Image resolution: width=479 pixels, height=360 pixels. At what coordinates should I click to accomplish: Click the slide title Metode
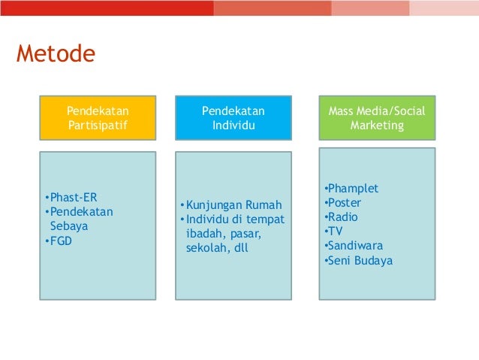(x=56, y=55)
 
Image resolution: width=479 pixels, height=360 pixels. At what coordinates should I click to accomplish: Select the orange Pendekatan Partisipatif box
(x=98, y=118)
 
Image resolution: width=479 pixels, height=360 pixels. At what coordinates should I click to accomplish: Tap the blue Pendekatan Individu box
(x=233, y=118)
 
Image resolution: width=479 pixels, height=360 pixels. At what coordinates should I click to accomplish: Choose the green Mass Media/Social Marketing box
(x=376, y=118)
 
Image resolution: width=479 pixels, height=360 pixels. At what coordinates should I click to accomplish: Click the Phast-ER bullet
(x=73, y=198)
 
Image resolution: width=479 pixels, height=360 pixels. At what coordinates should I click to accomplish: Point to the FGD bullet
(x=61, y=241)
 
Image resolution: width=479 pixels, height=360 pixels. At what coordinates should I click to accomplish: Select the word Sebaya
(x=68, y=226)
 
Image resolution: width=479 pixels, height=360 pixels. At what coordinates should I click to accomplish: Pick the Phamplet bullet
(x=353, y=189)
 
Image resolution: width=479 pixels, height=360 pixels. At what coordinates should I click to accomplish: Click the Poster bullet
(x=344, y=203)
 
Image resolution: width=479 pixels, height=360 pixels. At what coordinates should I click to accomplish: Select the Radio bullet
(x=342, y=217)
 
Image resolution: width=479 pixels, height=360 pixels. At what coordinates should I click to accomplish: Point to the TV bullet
(x=334, y=231)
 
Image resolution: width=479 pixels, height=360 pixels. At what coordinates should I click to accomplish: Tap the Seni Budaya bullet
(x=359, y=261)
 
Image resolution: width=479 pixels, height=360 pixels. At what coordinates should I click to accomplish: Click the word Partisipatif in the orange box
(x=98, y=126)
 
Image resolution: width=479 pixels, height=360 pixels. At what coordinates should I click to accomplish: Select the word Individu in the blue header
(x=233, y=126)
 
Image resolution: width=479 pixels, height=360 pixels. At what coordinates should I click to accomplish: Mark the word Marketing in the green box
(x=377, y=126)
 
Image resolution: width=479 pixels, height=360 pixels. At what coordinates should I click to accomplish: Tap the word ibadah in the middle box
(x=203, y=234)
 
